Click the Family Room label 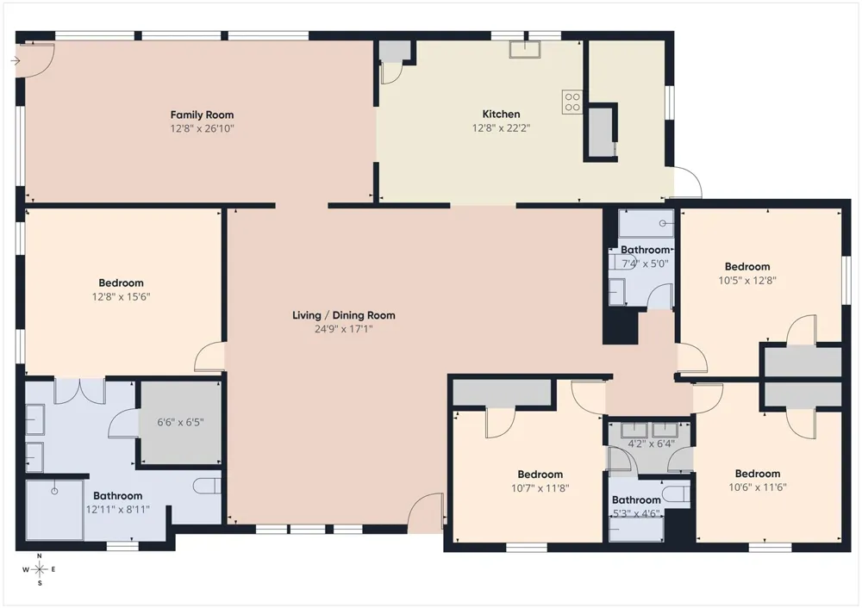[202, 115]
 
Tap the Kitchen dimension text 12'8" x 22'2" [501, 128]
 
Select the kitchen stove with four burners [572, 102]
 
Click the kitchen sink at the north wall [524, 49]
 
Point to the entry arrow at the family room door [16, 61]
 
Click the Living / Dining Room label [344, 315]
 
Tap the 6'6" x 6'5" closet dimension [180, 422]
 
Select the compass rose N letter [40, 555]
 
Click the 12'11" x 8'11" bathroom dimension [117, 510]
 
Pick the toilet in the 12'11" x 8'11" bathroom [207, 486]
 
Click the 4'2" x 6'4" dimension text [652, 444]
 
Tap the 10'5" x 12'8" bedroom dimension [747, 281]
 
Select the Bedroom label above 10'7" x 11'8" [540, 474]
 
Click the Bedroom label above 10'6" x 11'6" [758, 474]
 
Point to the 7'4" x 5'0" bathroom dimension [645, 264]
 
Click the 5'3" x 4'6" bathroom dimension [636, 514]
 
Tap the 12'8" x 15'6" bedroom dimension [121, 297]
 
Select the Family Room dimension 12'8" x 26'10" [202, 129]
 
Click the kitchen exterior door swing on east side [688, 181]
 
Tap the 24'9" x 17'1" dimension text [344, 330]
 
